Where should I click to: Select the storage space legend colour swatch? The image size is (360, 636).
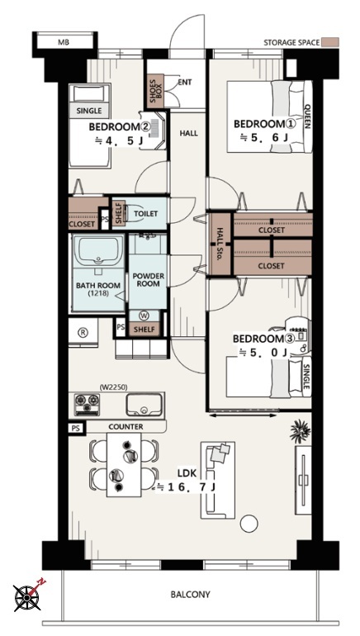point(330,42)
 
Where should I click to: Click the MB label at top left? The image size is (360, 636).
point(64,42)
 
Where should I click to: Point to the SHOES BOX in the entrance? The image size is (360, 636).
point(155,91)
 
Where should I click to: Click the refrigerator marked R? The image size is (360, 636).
point(83,332)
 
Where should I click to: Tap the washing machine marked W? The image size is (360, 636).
point(144,316)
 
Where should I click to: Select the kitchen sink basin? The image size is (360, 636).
point(144,405)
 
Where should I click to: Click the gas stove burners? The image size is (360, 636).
point(88,405)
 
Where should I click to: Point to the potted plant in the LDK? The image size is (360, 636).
point(300,431)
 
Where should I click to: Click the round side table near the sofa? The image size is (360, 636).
point(249,523)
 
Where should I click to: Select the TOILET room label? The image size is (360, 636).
point(145,214)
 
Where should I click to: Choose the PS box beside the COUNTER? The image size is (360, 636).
point(76,428)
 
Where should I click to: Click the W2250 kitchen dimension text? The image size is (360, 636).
point(111,387)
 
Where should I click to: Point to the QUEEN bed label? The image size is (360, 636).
point(307,116)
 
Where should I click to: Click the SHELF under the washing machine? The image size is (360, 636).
point(144,330)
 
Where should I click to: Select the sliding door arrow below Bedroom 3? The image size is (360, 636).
point(243,415)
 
